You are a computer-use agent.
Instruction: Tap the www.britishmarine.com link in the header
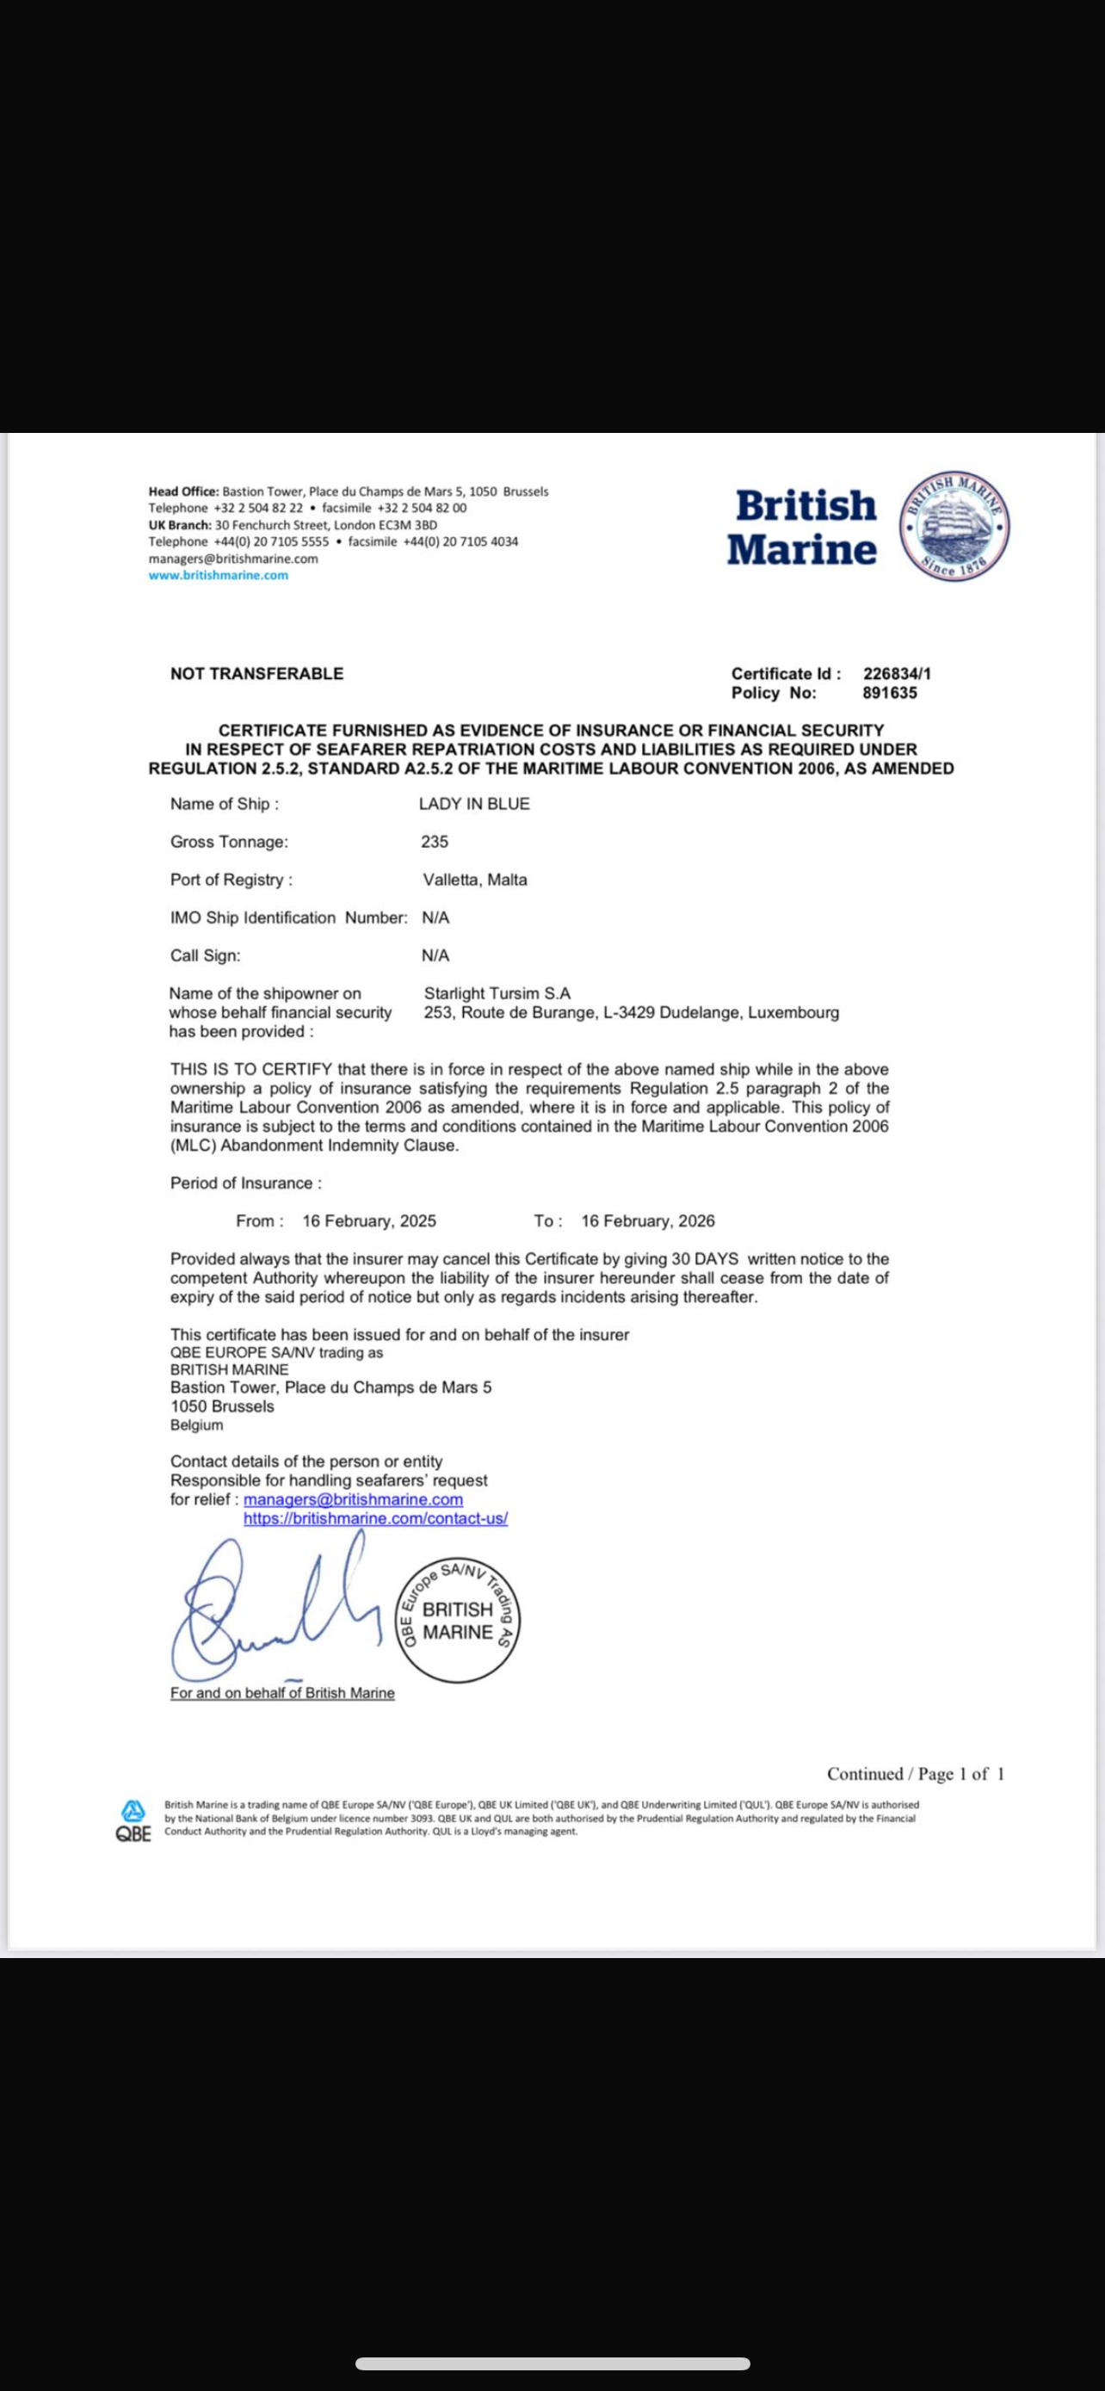[x=218, y=576]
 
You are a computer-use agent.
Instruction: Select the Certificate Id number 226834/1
[x=896, y=674]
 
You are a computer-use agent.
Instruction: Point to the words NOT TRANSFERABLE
[x=256, y=674]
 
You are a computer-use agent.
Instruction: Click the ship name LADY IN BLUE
[x=474, y=804]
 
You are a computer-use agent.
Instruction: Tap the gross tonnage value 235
[x=435, y=842]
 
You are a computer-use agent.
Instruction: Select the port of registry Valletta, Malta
[x=475, y=880]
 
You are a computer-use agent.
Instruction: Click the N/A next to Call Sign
[x=435, y=955]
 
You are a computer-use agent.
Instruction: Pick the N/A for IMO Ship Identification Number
[x=435, y=918]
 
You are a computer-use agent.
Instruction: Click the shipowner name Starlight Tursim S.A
[x=497, y=993]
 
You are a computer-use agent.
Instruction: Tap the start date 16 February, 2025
[x=369, y=1220]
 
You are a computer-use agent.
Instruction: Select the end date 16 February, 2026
[x=648, y=1220]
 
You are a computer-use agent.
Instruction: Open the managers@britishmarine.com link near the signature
[x=353, y=1499]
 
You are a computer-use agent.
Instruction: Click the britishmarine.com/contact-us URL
[x=375, y=1518]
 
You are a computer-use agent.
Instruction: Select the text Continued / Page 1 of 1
[x=915, y=1774]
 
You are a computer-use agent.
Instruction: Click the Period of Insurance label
[x=246, y=1183]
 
